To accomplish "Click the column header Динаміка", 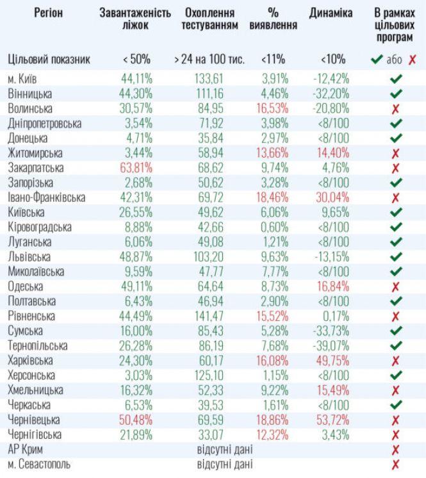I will click(x=331, y=13).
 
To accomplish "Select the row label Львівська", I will click(x=31, y=256).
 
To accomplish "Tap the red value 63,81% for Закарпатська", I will click(x=136, y=168).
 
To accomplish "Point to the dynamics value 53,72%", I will click(x=332, y=420).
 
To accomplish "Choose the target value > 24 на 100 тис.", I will click(x=208, y=60).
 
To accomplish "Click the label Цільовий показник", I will click(x=49, y=60).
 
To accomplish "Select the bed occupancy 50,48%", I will click(x=136, y=420).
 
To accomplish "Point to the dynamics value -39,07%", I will click(x=331, y=345).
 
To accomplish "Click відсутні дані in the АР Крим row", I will click(x=224, y=449).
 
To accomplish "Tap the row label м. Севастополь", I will click(x=40, y=464).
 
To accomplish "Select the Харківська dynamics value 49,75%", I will click(x=332, y=360).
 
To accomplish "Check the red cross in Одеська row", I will click(x=395, y=286).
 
